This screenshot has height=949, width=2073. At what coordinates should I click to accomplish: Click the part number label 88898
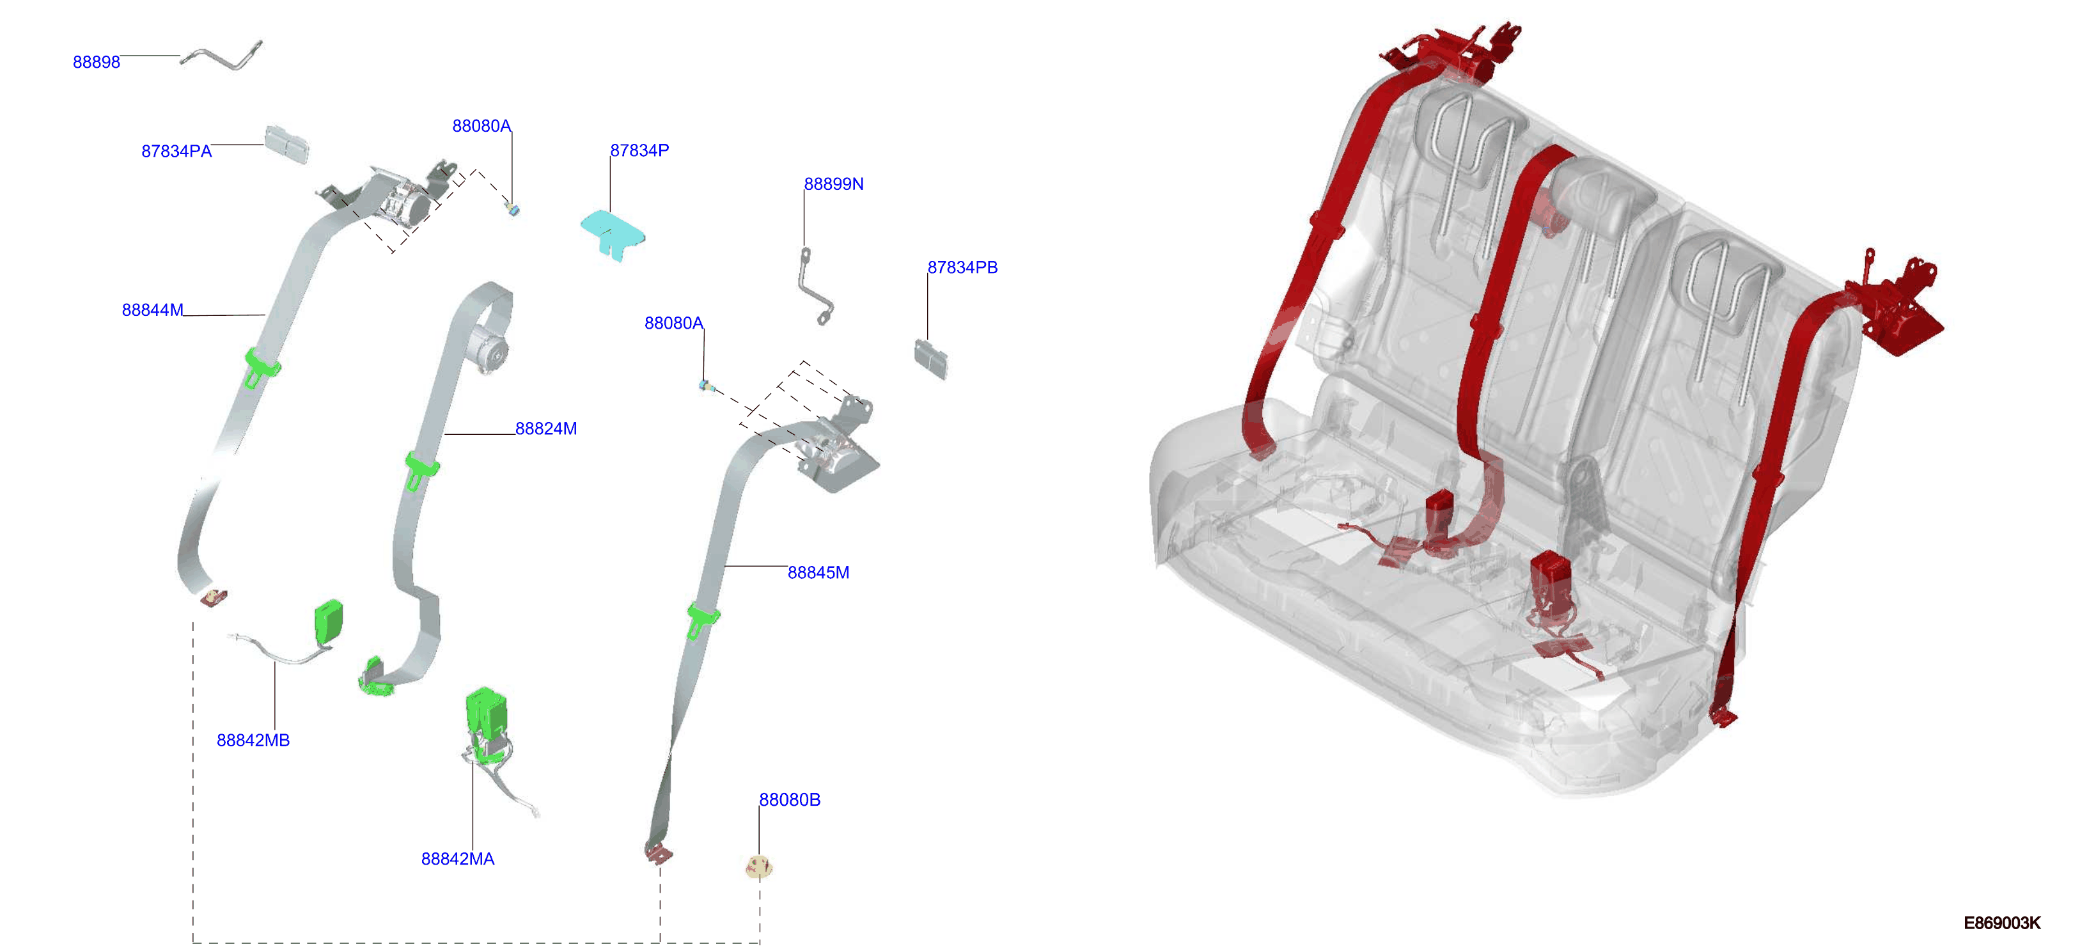96,62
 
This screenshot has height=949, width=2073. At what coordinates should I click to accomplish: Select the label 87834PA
176,152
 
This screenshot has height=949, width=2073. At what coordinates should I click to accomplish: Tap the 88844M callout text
152,310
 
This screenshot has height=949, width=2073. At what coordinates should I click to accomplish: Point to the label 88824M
545,429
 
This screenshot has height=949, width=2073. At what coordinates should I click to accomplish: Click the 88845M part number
818,572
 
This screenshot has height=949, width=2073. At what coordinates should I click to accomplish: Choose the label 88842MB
253,741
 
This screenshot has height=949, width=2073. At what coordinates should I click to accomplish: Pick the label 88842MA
457,859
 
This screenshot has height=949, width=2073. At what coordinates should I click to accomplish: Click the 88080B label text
790,800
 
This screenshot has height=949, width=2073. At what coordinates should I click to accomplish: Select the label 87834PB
962,267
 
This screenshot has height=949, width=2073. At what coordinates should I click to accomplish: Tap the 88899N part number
834,184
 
